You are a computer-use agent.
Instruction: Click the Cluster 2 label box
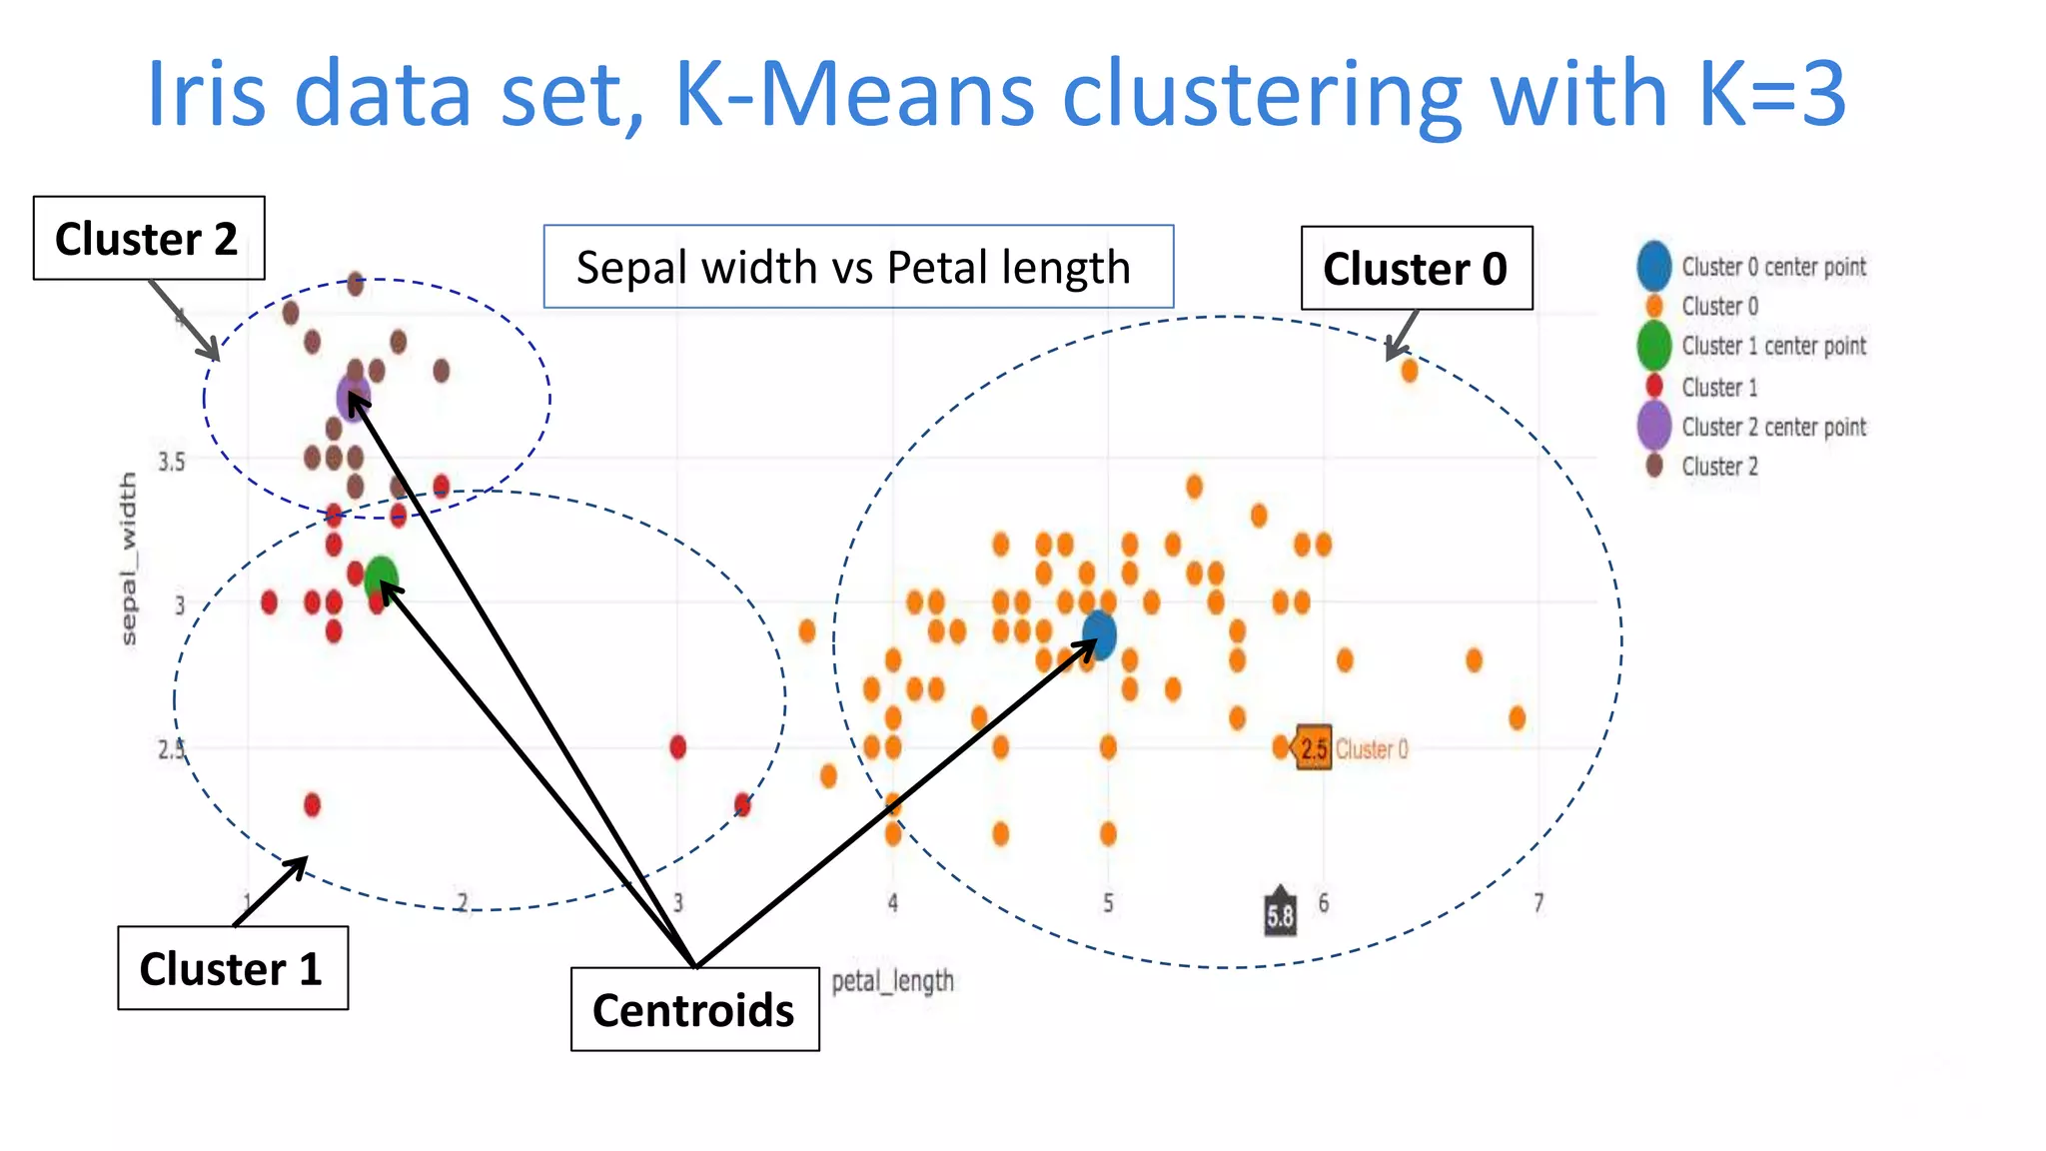(x=148, y=239)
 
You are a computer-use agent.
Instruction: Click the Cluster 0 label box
(x=1416, y=269)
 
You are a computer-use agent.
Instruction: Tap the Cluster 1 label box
(x=232, y=968)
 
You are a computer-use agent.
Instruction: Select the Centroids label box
(x=694, y=1009)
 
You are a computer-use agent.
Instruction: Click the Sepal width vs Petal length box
(x=857, y=267)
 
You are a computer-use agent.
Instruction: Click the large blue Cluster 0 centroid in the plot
(x=1099, y=634)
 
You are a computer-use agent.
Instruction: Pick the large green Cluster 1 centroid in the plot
(x=382, y=577)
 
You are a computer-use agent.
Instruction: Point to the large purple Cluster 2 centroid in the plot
(x=354, y=398)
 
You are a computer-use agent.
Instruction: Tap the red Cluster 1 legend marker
(x=1654, y=387)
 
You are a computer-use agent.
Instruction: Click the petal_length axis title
(x=892, y=981)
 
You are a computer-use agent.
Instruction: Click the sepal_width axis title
(x=128, y=560)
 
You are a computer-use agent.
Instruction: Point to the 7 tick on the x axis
(x=1538, y=903)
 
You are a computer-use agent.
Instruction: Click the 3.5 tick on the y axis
(x=172, y=462)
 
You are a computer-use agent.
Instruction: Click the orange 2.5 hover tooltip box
(x=1314, y=748)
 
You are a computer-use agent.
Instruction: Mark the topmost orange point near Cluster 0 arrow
(x=1409, y=371)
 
